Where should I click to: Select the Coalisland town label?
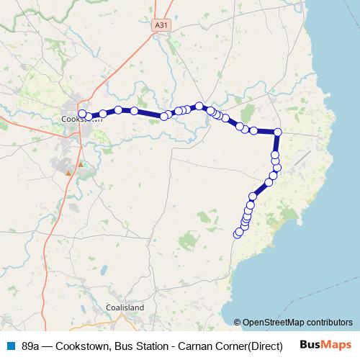125,307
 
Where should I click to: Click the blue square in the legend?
11,345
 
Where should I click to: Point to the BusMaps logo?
325,344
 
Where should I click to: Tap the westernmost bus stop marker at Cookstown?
82,114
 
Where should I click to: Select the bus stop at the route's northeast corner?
278,132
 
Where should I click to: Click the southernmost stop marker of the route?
238,233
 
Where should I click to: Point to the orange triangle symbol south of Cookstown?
68,173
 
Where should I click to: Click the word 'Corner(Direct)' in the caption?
251,345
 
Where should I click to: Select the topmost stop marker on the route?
199,106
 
